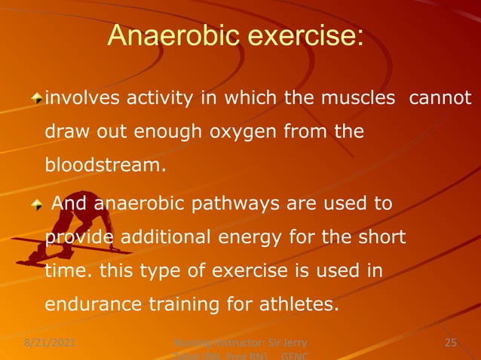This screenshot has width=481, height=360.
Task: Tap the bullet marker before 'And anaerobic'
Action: (x=37, y=205)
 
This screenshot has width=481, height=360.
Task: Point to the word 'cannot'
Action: (x=440, y=99)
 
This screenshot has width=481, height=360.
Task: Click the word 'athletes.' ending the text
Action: (x=300, y=306)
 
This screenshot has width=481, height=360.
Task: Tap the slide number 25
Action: (x=451, y=343)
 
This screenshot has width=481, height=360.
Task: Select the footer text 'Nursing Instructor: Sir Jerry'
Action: (x=240, y=343)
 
